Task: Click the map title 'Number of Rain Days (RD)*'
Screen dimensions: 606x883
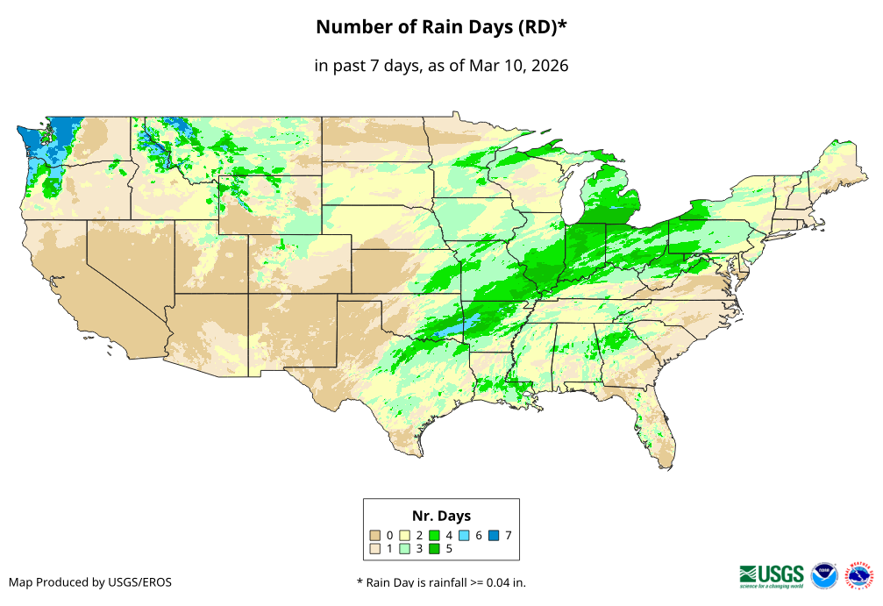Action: click(x=441, y=27)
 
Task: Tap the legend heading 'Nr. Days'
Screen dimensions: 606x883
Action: click(x=441, y=516)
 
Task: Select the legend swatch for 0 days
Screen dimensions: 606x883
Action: click(x=375, y=534)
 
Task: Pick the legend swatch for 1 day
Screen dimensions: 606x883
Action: click(x=375, y=549)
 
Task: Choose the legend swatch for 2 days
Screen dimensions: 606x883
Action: click(x=405, y=534)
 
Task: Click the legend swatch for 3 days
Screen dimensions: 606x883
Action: click(x=405, y=549)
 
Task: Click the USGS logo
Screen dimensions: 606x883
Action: click(x=772, y=575)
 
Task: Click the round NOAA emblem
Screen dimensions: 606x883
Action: click(x=824, y=575)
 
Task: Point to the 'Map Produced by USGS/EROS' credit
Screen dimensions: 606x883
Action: click(x=90, y=582)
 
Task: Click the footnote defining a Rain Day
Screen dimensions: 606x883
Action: click(x=441, y=582)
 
